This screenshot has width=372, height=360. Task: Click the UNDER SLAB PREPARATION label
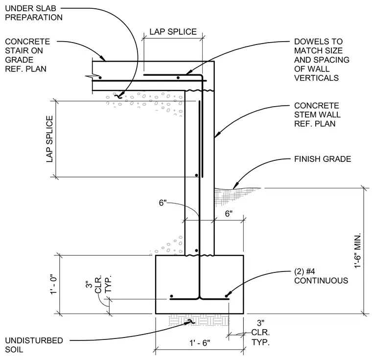click(34, 13)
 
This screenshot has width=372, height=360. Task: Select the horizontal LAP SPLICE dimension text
click(173, 32)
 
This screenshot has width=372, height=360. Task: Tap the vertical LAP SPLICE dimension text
click(49, 139)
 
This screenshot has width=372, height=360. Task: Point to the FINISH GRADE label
click(323, 159)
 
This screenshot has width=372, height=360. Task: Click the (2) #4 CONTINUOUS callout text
click(321, 276)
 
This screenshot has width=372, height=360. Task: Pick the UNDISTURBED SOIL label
click(34, 345)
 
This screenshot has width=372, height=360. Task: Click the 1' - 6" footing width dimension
click(200, 343)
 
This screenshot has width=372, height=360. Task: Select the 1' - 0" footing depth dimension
click(54, 284)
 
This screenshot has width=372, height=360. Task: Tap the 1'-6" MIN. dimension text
click(357, 250)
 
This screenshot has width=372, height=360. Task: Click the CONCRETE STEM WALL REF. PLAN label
click(317, 114)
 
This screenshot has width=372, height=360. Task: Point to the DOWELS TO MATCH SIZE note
click(322, 60)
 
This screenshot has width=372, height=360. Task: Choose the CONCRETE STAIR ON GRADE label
click(27, 55)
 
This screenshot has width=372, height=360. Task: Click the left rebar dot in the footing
click(171, 296)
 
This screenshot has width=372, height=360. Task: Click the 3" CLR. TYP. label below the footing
click(260, 332)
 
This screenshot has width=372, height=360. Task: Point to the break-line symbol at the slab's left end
click(92, 76)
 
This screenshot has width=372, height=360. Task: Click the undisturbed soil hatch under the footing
click(199, 320)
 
